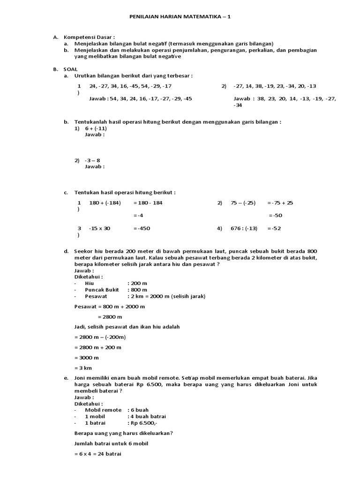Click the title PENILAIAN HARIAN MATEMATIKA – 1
180,16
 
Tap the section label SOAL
71,69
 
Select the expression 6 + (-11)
96,128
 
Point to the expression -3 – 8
92,160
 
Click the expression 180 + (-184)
105,202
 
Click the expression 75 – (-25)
243,202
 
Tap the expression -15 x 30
99,228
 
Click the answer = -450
142,228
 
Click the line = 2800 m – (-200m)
100,337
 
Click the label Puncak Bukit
102,290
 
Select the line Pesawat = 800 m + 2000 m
110,306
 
